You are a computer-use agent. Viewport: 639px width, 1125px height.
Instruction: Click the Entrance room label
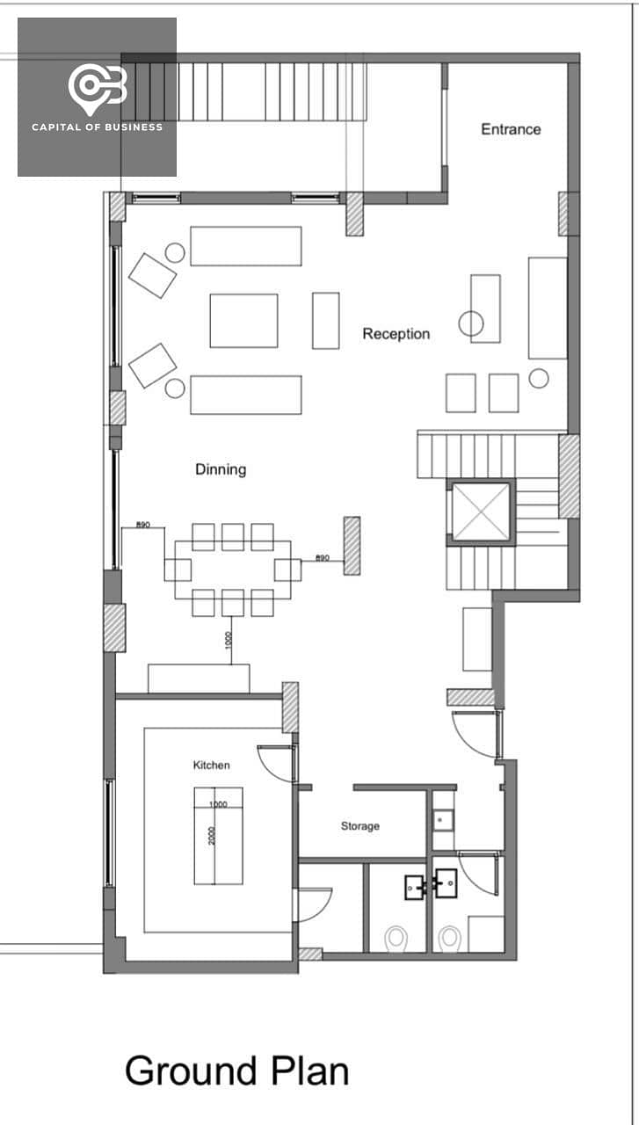(x=511, y=129)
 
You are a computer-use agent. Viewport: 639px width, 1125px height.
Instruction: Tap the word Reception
(x=396, y=334)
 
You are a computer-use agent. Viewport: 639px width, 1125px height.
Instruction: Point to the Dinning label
(x=221, y=469)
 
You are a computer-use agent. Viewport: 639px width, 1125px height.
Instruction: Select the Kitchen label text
(x=212, y=765)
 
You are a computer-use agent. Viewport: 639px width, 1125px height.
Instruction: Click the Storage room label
(x=360, y=826)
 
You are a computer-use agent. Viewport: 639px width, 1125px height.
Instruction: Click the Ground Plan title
(x=236, y=1071)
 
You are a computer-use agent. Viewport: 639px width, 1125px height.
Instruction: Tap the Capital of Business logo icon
(x=98, y=89)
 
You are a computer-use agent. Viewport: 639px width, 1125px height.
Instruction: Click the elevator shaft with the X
(x=482, y=512)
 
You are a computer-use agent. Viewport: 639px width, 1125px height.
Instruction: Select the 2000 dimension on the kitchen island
(x=212, y=836)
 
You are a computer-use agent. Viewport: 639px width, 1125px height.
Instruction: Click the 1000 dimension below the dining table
(x=229, y=641)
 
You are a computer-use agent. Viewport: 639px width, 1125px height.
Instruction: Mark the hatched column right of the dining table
(x=352, y=546)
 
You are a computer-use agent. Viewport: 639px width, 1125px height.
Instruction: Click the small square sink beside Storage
(x=443, y=820)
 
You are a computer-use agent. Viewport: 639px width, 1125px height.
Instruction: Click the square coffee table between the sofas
(x=243, y=321)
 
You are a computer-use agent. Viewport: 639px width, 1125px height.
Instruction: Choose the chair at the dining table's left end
(x=178, y=570)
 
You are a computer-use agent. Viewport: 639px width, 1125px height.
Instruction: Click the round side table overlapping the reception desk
(x=471, y=323)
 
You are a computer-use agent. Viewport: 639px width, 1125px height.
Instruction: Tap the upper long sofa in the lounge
(x=245, y=246)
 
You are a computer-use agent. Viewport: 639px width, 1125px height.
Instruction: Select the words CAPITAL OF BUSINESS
(x=97, y=127)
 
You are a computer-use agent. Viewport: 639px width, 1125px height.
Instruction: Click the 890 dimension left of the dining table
(x=143, y=525)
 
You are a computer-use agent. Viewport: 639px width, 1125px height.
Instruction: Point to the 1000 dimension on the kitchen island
(x=218, y=804)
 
